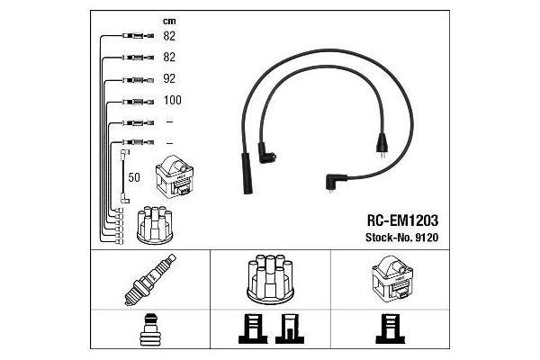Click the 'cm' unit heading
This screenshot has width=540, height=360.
pos(169,22)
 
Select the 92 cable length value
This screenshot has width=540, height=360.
pos(169,78)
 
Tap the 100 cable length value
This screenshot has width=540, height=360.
pos(172,100)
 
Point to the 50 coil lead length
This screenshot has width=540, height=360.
pos(134,177)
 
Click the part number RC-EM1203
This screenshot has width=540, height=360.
pos(402,220)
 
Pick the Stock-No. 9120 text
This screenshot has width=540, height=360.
pos(401,238)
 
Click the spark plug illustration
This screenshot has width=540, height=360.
pos(150,280)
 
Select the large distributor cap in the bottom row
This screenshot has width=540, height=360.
pos(270,279)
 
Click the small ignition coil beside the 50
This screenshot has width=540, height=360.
pos(175,176)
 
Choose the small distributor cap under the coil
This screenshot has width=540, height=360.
pos(155,225)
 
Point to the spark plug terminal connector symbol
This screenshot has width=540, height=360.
pos(150,329)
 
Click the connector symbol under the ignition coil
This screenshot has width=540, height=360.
pos(391,328)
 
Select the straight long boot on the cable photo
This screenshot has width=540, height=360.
pos(247,174)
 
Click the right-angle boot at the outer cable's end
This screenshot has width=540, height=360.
pos(335,182)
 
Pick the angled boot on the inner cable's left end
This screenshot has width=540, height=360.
pos(265,153)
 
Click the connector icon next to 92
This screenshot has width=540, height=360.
pos(139,80)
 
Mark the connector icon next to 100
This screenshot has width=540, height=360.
pos(139,102)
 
